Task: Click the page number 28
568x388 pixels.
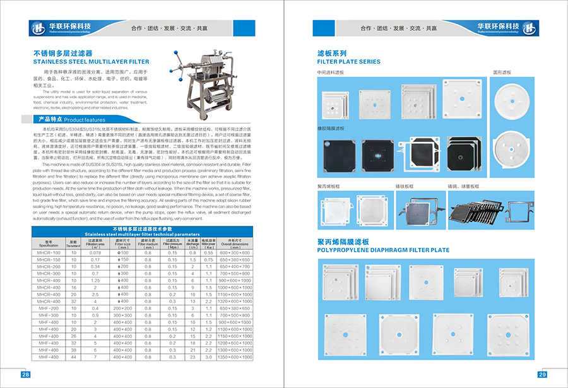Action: click(26, 375)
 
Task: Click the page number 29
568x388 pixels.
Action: click(541, 375)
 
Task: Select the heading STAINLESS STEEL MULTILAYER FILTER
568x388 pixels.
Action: click(91, 62)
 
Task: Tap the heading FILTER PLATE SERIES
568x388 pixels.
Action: click(348, 62)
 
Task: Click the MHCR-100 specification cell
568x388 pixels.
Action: click(49, 252)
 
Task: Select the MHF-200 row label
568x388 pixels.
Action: click(49, 308)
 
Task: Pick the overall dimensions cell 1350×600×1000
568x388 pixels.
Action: click(235, 356)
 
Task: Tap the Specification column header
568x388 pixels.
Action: click(49, 243)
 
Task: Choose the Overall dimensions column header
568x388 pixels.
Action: click(235, 243)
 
